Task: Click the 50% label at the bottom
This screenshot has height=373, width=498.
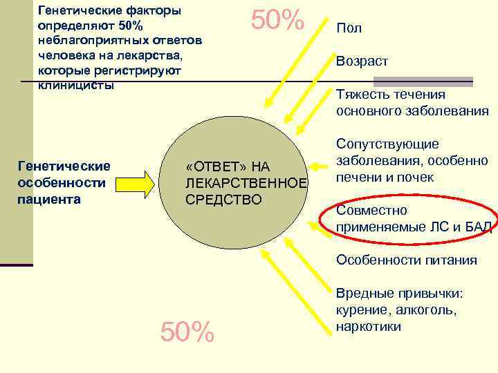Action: tap(187, 333)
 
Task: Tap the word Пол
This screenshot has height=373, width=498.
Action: tap(349, 29)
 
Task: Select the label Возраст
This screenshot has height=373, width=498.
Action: tap(362, 61)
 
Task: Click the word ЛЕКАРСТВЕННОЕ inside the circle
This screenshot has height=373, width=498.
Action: tap(246, 183)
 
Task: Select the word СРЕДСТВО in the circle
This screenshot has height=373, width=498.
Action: tap(223, 200)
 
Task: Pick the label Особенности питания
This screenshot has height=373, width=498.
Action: tap(406, 260)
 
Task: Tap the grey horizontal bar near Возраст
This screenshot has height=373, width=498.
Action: tap(439, 81)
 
